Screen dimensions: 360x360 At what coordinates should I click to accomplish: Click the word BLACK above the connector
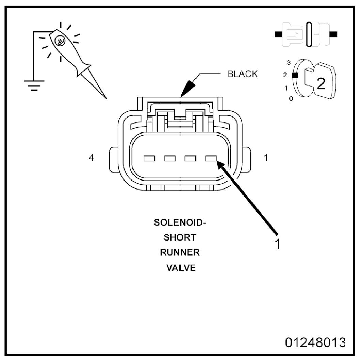pos(243,74)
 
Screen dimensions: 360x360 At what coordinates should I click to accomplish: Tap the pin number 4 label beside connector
pos(91,158)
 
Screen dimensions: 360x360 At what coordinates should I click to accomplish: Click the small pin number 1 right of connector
pos(266,158)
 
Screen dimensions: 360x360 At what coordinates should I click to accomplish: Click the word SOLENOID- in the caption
pos(180,223)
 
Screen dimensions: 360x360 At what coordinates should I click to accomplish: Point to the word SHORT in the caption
pos(180,238)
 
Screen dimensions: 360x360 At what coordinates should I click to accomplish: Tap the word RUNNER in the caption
pos(180,253)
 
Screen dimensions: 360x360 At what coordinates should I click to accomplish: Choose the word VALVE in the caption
pos(181,268)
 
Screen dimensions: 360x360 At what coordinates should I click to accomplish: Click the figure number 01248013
pos(315,343)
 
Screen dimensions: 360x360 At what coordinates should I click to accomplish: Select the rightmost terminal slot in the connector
pos(211,158)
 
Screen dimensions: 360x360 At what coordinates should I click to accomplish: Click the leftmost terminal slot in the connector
pos(149,158)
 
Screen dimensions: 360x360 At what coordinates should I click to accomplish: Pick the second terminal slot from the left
pos(170,158)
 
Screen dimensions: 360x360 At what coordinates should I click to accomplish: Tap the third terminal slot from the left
pos(190,158)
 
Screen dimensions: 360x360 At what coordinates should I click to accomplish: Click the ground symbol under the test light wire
pos(34,85)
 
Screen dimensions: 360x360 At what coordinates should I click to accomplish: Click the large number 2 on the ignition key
pos(321,84)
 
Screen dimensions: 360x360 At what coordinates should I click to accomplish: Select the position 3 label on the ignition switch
pos(289,62)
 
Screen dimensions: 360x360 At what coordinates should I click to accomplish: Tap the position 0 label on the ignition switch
pos(291,99)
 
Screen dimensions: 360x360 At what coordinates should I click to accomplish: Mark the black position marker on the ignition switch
pos(295,75)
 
